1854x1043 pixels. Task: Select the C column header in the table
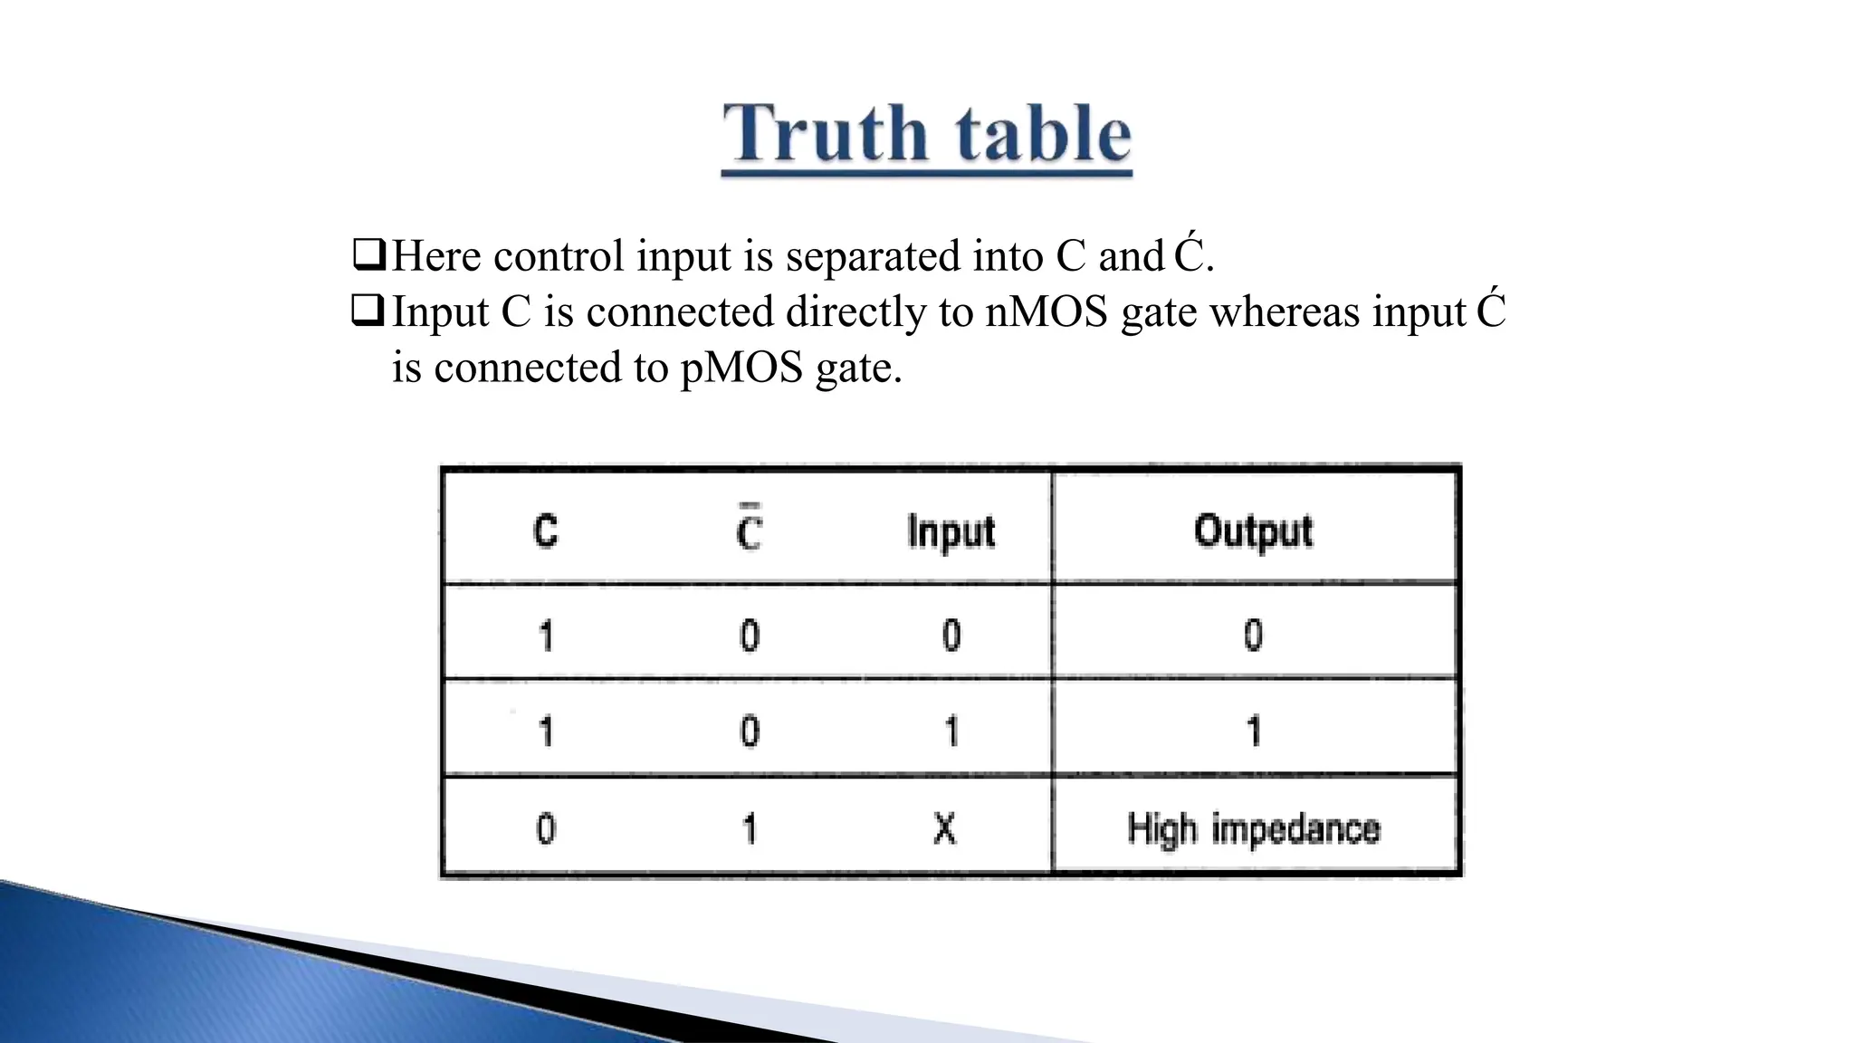[545, 531]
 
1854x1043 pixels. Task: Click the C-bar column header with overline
[749, 531]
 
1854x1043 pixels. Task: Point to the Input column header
[951, 531]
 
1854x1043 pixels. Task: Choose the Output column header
[1253, 531]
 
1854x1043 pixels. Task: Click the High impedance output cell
[1254, 828]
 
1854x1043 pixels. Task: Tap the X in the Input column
[944, 828]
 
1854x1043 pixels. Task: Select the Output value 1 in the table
[1254, 731]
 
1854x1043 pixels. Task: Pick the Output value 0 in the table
[1253, 635]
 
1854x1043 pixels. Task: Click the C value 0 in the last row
[546, 828]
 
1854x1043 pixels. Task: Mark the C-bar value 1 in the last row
[750, 828]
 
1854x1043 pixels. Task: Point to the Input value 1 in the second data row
[951, 731]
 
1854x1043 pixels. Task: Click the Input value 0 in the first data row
[951, 635]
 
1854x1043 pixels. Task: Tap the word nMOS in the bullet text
[1046, 312]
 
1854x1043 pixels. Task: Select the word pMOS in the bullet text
[741, 368]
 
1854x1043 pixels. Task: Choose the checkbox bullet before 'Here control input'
[369, 255]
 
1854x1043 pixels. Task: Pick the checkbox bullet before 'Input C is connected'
[369, 311]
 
